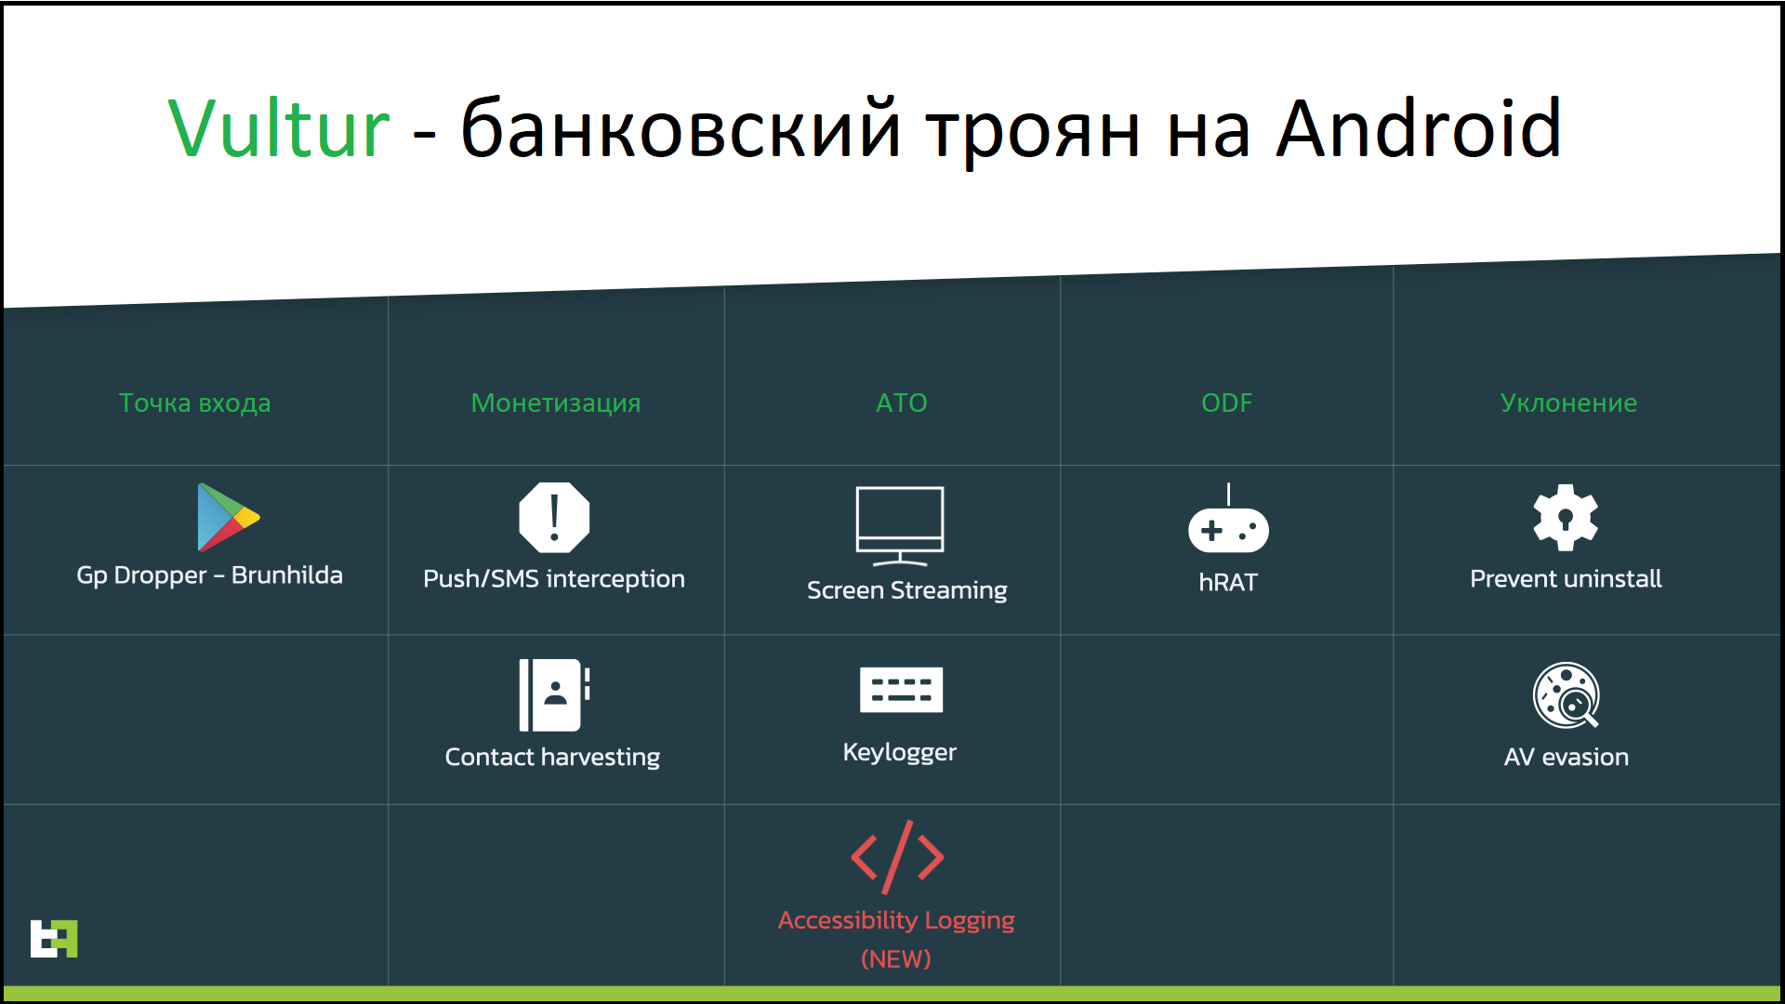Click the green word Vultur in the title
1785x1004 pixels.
(279, 128)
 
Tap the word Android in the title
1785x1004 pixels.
(1419, 128)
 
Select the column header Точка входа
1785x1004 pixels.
(195, 403)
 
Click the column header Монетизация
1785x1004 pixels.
(556, 403)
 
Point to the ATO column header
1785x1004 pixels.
(902, 403)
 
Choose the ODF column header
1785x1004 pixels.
(1227, 403)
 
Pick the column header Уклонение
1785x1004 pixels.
(1568, 403)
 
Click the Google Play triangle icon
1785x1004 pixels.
(228, 517)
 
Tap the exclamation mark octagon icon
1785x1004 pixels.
(554, 518)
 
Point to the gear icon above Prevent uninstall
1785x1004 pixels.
(1566, 518)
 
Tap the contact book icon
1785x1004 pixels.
(554, 695)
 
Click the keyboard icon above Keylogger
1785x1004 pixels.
(901, 690)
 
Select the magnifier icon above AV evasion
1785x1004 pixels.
(1567, 695)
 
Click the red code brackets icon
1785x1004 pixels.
(897, 857)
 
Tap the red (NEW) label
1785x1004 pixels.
(896, 958)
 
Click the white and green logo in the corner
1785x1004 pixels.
(54, 938)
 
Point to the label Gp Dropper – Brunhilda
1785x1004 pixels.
(209, 575)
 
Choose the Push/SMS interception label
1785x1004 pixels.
(554, 579)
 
